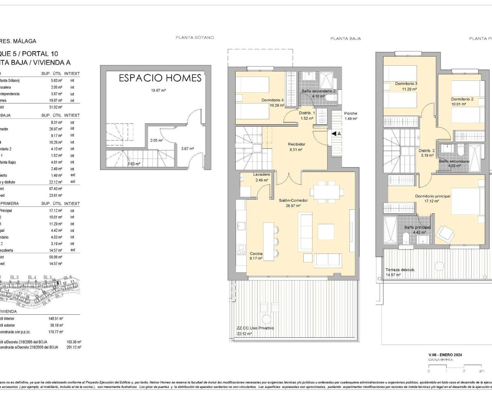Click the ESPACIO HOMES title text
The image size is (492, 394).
(x=160, y=78)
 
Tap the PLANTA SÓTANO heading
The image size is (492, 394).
(x=194, y=38)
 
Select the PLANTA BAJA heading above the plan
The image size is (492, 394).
(x=346, y=38)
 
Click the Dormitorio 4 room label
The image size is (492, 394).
(x=273, y=100)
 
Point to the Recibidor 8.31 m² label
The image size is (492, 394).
(x=296, y=147)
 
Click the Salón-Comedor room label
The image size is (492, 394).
(x=293, y=200)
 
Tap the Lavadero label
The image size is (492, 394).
(x=261, y=175)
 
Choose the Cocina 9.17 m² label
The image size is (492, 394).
(x=256, y=256)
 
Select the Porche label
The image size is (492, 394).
(x=351, y=114)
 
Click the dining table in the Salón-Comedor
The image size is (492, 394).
(x=327, y=192)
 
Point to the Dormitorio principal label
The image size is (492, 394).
(x=432, y=196)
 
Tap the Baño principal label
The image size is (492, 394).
(x=417, y=227)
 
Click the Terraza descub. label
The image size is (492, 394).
(x=400, y=270)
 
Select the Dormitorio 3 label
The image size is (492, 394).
(x=406, y=84)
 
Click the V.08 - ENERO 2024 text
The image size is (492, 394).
(x=445, y=355)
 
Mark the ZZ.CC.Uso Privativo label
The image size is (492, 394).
(x=255, y=328)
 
